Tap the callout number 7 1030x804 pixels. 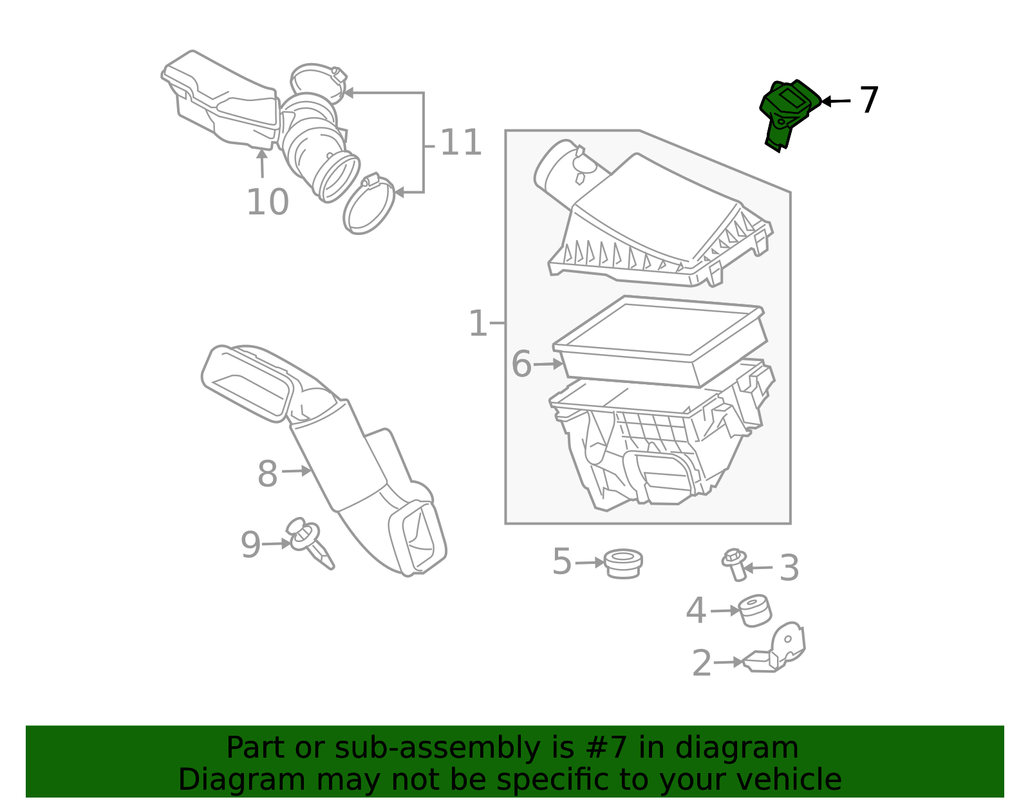point(869,100)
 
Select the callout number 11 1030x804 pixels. point(461,142)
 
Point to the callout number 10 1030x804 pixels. point(267,202)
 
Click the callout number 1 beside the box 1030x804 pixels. point(478,323)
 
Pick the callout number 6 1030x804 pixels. point(521,364)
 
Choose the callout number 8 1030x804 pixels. point(267,473)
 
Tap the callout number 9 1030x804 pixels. point(251,545)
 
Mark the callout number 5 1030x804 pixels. point(562,561)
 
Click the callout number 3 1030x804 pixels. point(789,567)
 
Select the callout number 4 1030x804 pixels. point(696,610)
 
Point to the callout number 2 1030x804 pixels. point(702,663)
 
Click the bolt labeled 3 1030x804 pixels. point(735,565)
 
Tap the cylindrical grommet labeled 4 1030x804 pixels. point(754,611)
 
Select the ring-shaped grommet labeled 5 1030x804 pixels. point(623,564)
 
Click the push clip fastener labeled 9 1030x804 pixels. point(310,542)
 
